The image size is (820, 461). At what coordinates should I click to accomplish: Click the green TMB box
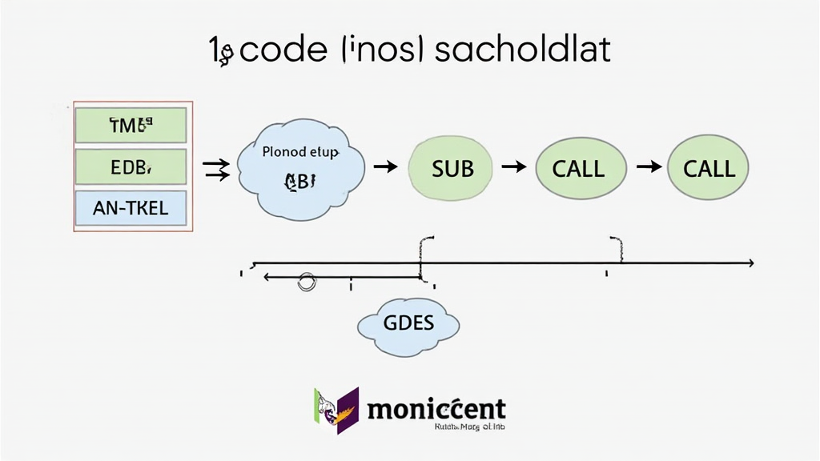[130, 125]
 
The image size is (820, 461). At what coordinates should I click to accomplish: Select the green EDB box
[130, 166]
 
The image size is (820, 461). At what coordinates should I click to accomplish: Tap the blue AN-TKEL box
[130, 208]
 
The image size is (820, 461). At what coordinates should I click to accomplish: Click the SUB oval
[452, 168]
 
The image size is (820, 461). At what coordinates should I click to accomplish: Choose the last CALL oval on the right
[709, 168]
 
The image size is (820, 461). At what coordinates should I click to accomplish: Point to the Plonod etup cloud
[301, 168]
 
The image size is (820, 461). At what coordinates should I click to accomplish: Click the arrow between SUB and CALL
[513, 166]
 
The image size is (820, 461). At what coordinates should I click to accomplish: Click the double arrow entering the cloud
[216, 168]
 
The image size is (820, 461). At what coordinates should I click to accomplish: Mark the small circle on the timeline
[306, 281]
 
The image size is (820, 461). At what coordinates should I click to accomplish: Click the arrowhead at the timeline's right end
[749, 263]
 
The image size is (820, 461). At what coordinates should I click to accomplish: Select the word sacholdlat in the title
[524, 50]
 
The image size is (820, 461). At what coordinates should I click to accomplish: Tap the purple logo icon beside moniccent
[336, 409]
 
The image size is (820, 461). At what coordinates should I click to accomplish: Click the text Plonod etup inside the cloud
[301, 151]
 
